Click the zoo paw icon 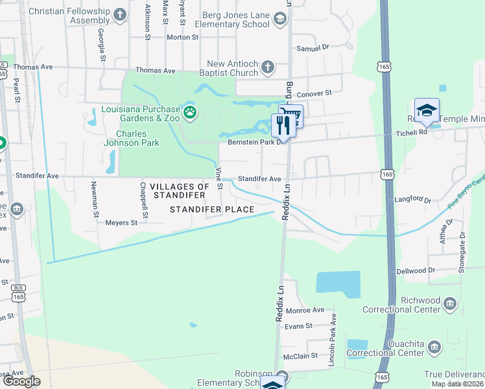(190, 114)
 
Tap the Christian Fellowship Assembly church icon (120, 15)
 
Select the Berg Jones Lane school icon (279, 19)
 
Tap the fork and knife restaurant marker (283, 124)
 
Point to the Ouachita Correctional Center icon (434, 348)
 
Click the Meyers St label (121, 222)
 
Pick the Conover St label (314, 93)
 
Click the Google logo (22, 381)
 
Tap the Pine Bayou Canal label (466, 196)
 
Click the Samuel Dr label (313, 47)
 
